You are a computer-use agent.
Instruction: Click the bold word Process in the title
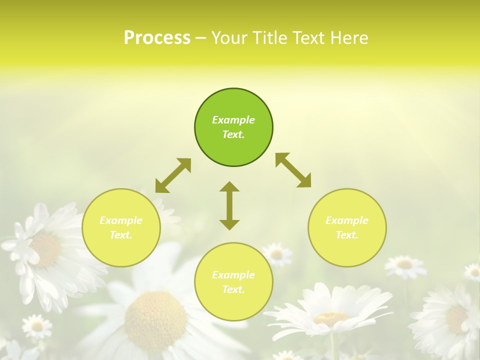point(157,38)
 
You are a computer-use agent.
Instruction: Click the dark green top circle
point(233,127)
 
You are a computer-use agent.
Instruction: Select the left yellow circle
point(121,227)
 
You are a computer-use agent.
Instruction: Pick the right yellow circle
point(347,227)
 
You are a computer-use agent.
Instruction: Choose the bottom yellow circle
point(233,282)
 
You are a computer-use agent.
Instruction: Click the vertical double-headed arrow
point(229,205)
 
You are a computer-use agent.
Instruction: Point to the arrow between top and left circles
point(173,175)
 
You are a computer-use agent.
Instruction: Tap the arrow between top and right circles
point(293,170)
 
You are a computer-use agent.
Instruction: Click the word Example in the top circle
point(233,120)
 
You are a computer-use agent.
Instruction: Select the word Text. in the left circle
point(121,235)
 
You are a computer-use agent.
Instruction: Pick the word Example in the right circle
point(347,220)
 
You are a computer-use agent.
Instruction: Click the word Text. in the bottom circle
point(233,289)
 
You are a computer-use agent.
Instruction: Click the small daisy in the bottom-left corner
point(36,326)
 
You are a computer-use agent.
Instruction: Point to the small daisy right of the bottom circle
point(276,254)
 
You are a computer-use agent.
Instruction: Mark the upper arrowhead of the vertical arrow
point(229,187)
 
